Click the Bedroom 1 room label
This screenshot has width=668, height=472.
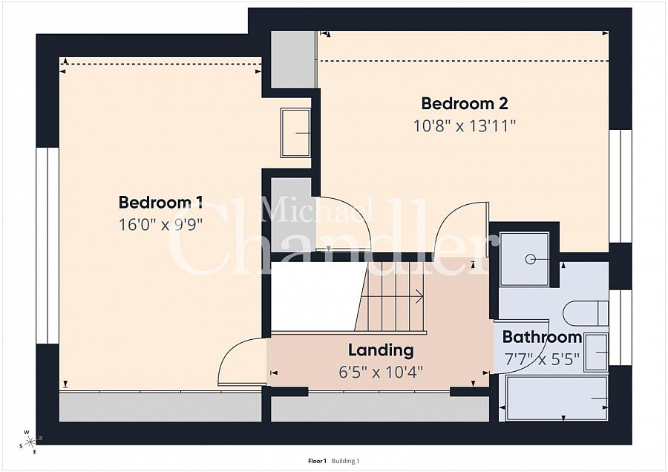[160, 202]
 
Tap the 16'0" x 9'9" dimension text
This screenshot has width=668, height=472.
[160, 225]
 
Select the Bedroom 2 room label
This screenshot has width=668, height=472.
[465, 103]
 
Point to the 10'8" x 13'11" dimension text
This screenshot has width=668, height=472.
[465, 125]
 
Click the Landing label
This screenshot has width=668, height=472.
[381, 350]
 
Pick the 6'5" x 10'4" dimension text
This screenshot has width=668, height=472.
[381, 373]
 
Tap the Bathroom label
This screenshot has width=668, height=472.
[542, 337]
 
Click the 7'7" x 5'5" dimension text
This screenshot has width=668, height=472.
[542, 359]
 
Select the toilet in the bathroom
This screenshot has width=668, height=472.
[586, 313]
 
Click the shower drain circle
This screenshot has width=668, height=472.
[531, 259]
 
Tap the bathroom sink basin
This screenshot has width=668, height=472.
[597, 353]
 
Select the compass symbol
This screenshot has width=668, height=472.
[30, 442]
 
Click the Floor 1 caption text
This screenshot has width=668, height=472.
[317, 461]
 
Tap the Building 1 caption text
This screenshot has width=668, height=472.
[345, 461]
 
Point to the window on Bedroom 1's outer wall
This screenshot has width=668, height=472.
[48, 246]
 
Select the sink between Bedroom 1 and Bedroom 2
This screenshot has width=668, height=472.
[295, 133]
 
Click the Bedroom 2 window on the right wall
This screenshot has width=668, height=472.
[620, 186]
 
